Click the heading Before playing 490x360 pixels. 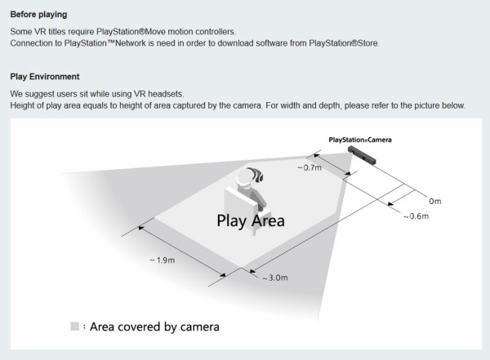(38, 15)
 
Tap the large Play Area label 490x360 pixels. (250, 220)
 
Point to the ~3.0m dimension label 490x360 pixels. (274, 278)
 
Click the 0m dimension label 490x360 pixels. (434, 200)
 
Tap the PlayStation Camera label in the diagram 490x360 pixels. (359, 140)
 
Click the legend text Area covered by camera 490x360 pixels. (154, 327)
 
